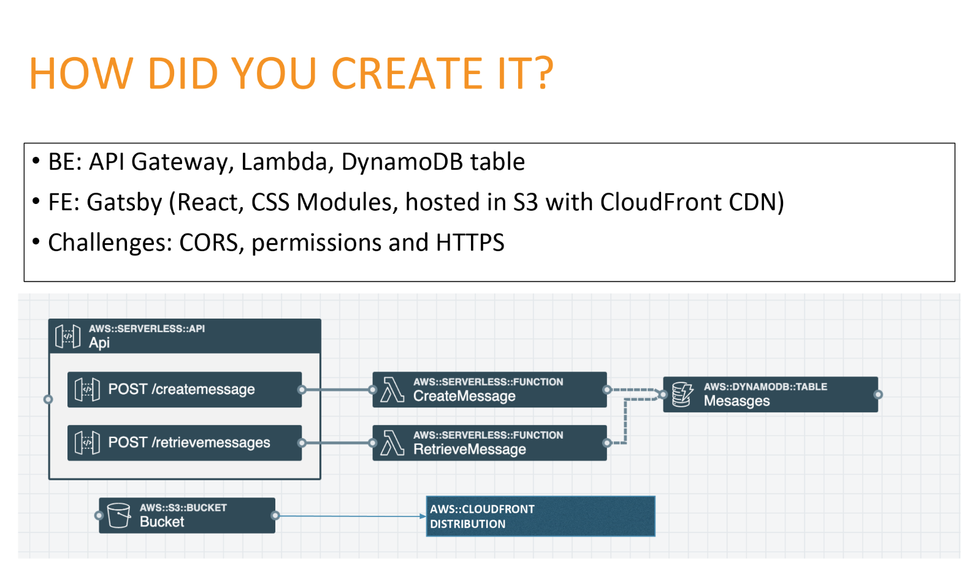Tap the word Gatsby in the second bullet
[124, 203]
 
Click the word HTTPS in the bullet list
[470, 243]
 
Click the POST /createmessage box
[185, 389]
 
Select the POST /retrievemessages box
[185, 443]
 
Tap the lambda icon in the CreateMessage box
[392, 390]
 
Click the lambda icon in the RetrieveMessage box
[392, 444]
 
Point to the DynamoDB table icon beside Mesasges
[682, 395]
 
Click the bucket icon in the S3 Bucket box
[119, 515]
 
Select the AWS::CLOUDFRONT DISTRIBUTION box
[541, 516]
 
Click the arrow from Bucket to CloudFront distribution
[351, 516]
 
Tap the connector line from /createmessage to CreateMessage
[337, 390]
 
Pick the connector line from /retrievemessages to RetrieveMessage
[337, 443]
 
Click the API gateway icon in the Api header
[68, 336]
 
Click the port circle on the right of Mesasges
[878, 395]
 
